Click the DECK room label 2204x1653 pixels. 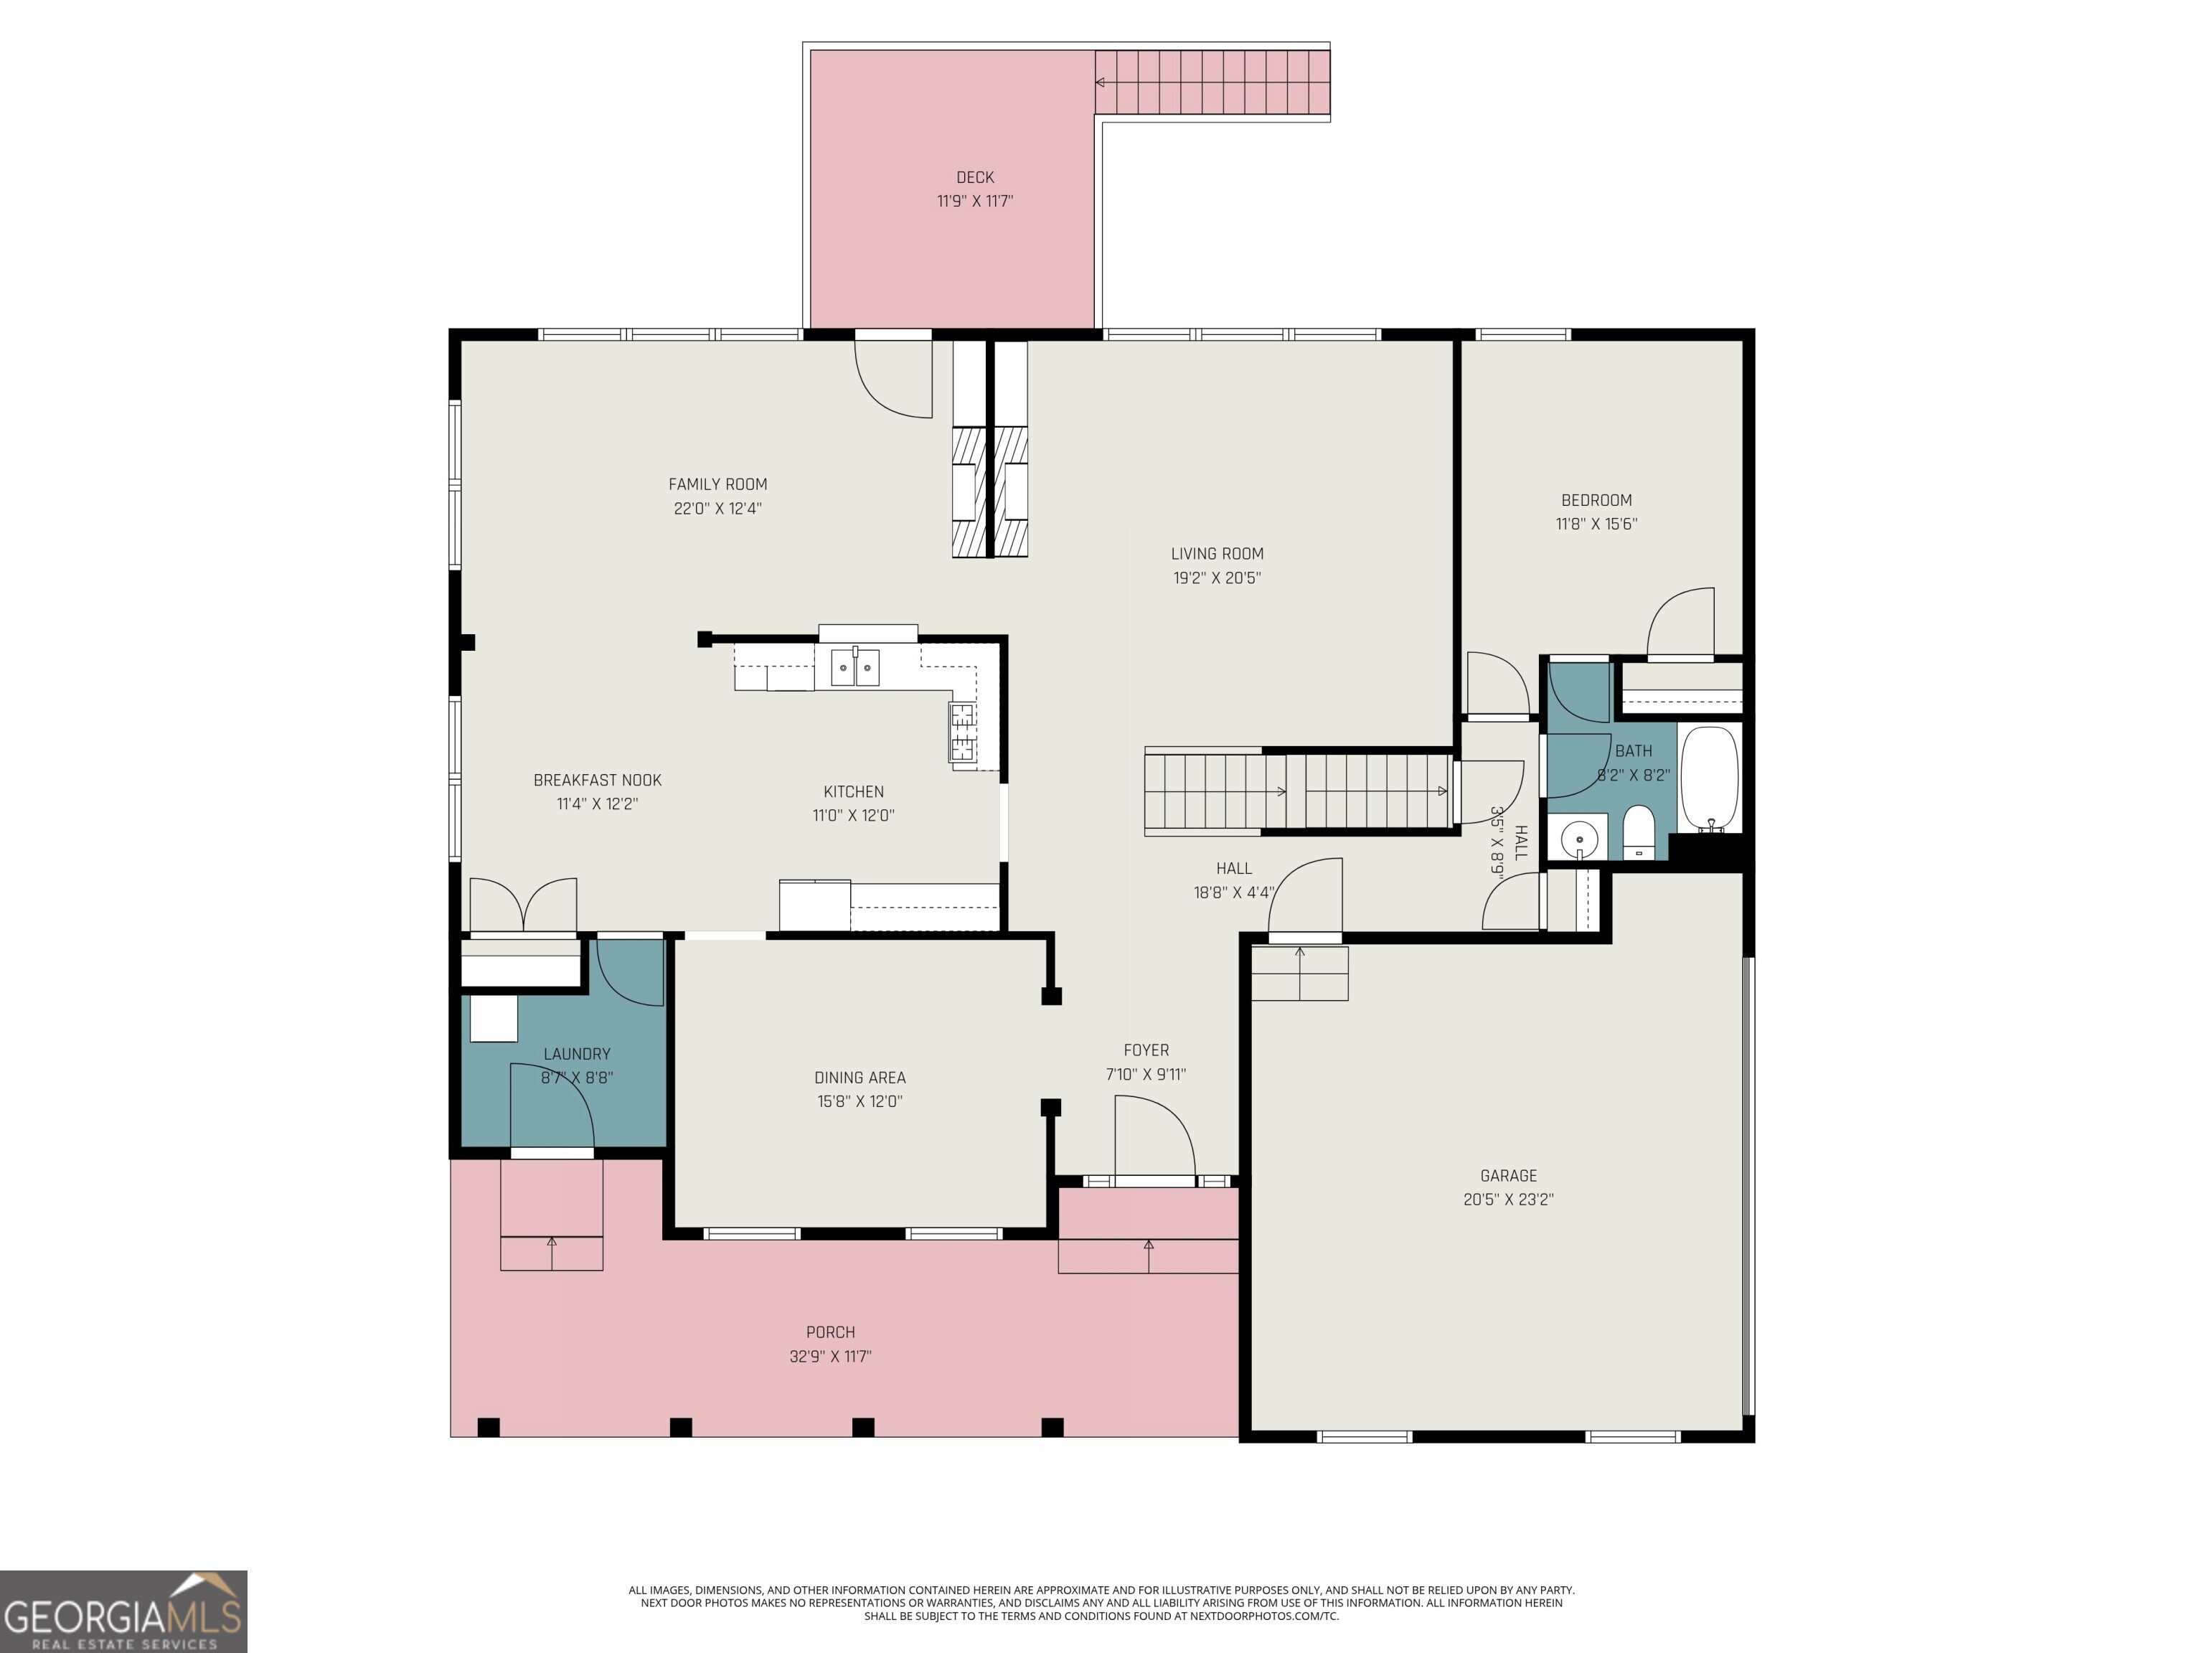(974, 177)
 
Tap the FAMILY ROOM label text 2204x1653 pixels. (717, 484)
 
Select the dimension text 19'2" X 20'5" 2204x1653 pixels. (1217, 578)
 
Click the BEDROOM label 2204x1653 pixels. (1596, 500)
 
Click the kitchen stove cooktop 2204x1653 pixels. (963, 733)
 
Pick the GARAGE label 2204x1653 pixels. (1507, 1176)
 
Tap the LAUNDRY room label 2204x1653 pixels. (577, 1054)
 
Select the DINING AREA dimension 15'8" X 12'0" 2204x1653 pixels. (859, 1101)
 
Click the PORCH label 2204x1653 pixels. (830, 1332)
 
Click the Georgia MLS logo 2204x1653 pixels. (123, 1611)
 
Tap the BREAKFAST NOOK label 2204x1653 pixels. (597, 780)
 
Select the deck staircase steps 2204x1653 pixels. (1212, 82)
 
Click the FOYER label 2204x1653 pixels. (1146, 1050)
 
